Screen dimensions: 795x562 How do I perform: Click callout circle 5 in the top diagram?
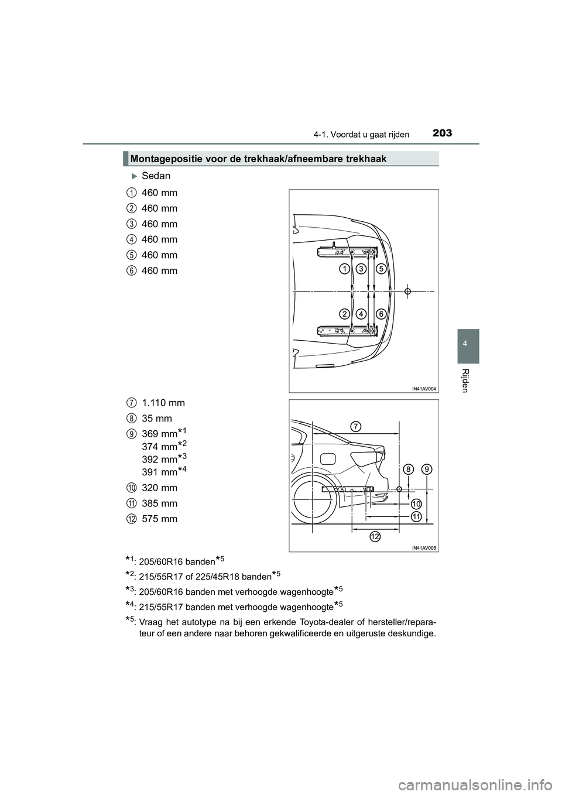[x=381, y=269]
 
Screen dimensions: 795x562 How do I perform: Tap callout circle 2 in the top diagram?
[x=345, y=314]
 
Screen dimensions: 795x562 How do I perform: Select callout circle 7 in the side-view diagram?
[x=356, y=426]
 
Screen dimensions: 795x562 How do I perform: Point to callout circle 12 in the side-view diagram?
[x=375, y=537]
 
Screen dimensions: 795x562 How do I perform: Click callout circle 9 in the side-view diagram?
[x=427, y=469]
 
